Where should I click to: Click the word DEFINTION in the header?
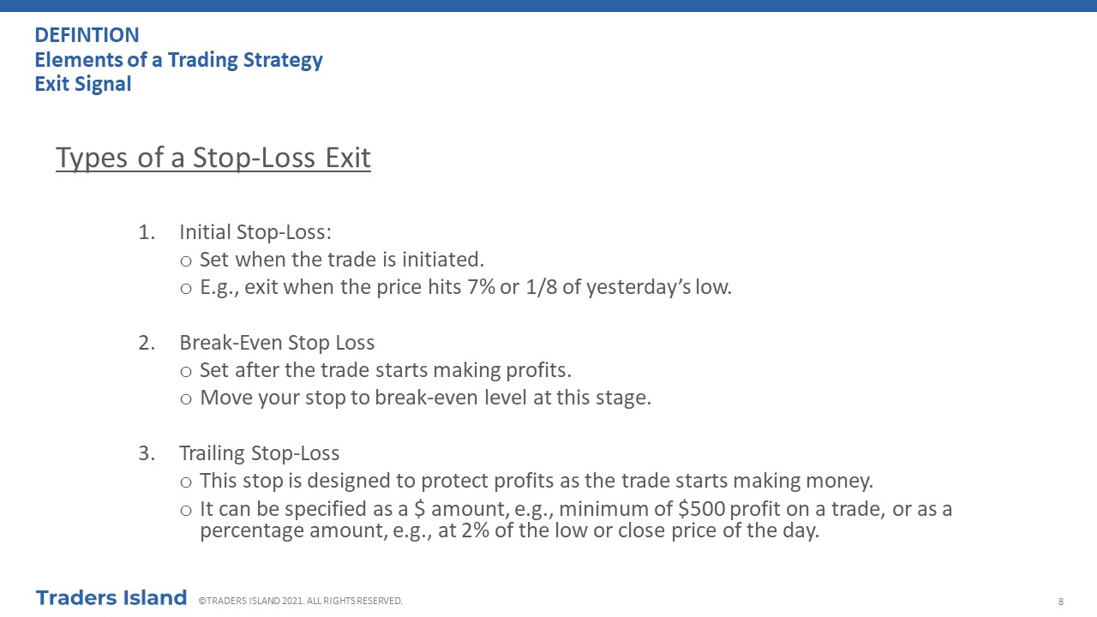[87, 35]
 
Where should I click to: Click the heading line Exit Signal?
[83, 84]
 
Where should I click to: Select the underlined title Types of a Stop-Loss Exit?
[213, 158]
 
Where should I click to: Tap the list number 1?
[147, 232]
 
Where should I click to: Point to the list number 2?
[147, 343]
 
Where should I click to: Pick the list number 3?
[147, 453]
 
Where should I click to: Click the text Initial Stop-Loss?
[255, 232]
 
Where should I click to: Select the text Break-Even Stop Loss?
[277, 343]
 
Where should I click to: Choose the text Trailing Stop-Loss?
[260, 453]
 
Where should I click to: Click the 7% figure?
[481, 287]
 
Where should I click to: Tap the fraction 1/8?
[541, 287]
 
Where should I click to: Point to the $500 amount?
[701, 509]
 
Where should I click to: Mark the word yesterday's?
[638, 287]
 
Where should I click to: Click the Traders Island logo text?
[111, 598]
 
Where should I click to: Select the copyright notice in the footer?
[300, 601]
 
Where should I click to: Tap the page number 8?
[1061, 602]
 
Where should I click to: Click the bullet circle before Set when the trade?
[186, 261]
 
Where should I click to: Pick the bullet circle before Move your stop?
[186, 399]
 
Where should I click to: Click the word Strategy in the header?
[283, 60]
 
